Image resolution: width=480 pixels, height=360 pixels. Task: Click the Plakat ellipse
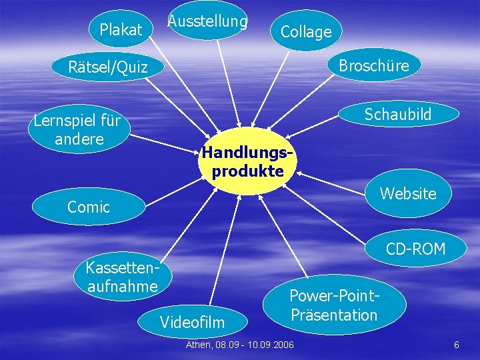click(x=121, y=29)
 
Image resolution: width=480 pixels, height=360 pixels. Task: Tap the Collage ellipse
click(x=306, y=31)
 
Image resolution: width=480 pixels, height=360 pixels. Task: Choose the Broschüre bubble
click(x=373, y=65)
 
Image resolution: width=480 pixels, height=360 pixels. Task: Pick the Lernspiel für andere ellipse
click(x=77, y=130)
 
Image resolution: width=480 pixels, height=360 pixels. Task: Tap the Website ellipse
click(x=408, y=193)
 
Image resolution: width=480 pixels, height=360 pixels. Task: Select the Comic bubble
click(x=89, y=207)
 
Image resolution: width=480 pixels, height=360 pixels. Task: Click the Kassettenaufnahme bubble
click(x=123, y=277)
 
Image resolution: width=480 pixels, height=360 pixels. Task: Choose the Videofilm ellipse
click(x=193, y=323)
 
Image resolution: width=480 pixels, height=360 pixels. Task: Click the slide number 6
click(x=456, y=345)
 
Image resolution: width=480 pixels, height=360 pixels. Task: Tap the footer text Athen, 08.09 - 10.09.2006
click(x=239, y=345)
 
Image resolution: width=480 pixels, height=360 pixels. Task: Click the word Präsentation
click(x=334, y=315)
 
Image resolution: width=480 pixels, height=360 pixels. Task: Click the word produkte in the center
click(x=248, y=171)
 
